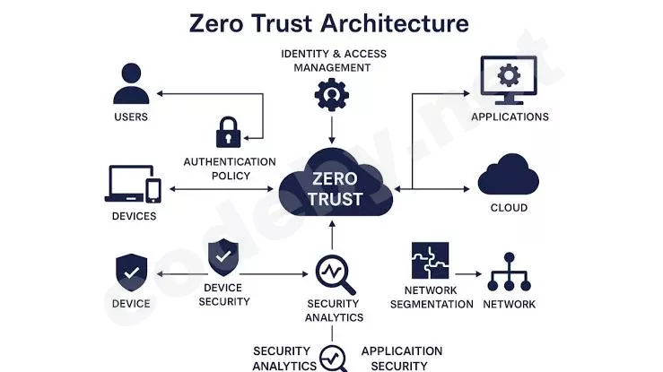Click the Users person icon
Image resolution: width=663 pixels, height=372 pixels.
point(131,83)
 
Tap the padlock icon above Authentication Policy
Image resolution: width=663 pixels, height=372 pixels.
point(229,132)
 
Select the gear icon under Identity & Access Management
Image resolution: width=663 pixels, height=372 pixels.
point(332,95)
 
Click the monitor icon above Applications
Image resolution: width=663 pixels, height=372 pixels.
point(509,81)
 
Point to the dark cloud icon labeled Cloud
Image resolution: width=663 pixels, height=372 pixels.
point(509,174)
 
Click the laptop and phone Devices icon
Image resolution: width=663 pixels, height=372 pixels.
point(133,184)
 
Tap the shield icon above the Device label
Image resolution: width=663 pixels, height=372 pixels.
point(132,273)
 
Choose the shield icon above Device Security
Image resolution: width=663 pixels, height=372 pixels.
point(223,257)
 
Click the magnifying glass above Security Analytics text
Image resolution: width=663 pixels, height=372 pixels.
point(335,274)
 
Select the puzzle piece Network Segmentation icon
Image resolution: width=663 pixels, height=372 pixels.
point(430,261)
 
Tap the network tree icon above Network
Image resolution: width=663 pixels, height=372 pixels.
point(509,272)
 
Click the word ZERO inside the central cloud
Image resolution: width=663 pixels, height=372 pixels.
point(335,178)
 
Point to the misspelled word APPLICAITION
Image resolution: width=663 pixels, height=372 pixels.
point(402,350)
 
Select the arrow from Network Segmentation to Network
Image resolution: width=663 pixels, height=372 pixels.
point(468,274)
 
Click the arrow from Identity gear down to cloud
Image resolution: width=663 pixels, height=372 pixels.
point(332,130)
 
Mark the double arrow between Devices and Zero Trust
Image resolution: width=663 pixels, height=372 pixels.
point(222,189)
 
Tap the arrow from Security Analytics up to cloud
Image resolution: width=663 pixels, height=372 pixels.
point(332,235)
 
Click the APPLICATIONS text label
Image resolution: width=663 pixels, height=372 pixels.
point(510,117)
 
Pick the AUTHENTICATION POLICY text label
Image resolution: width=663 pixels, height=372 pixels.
point(230,169)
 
